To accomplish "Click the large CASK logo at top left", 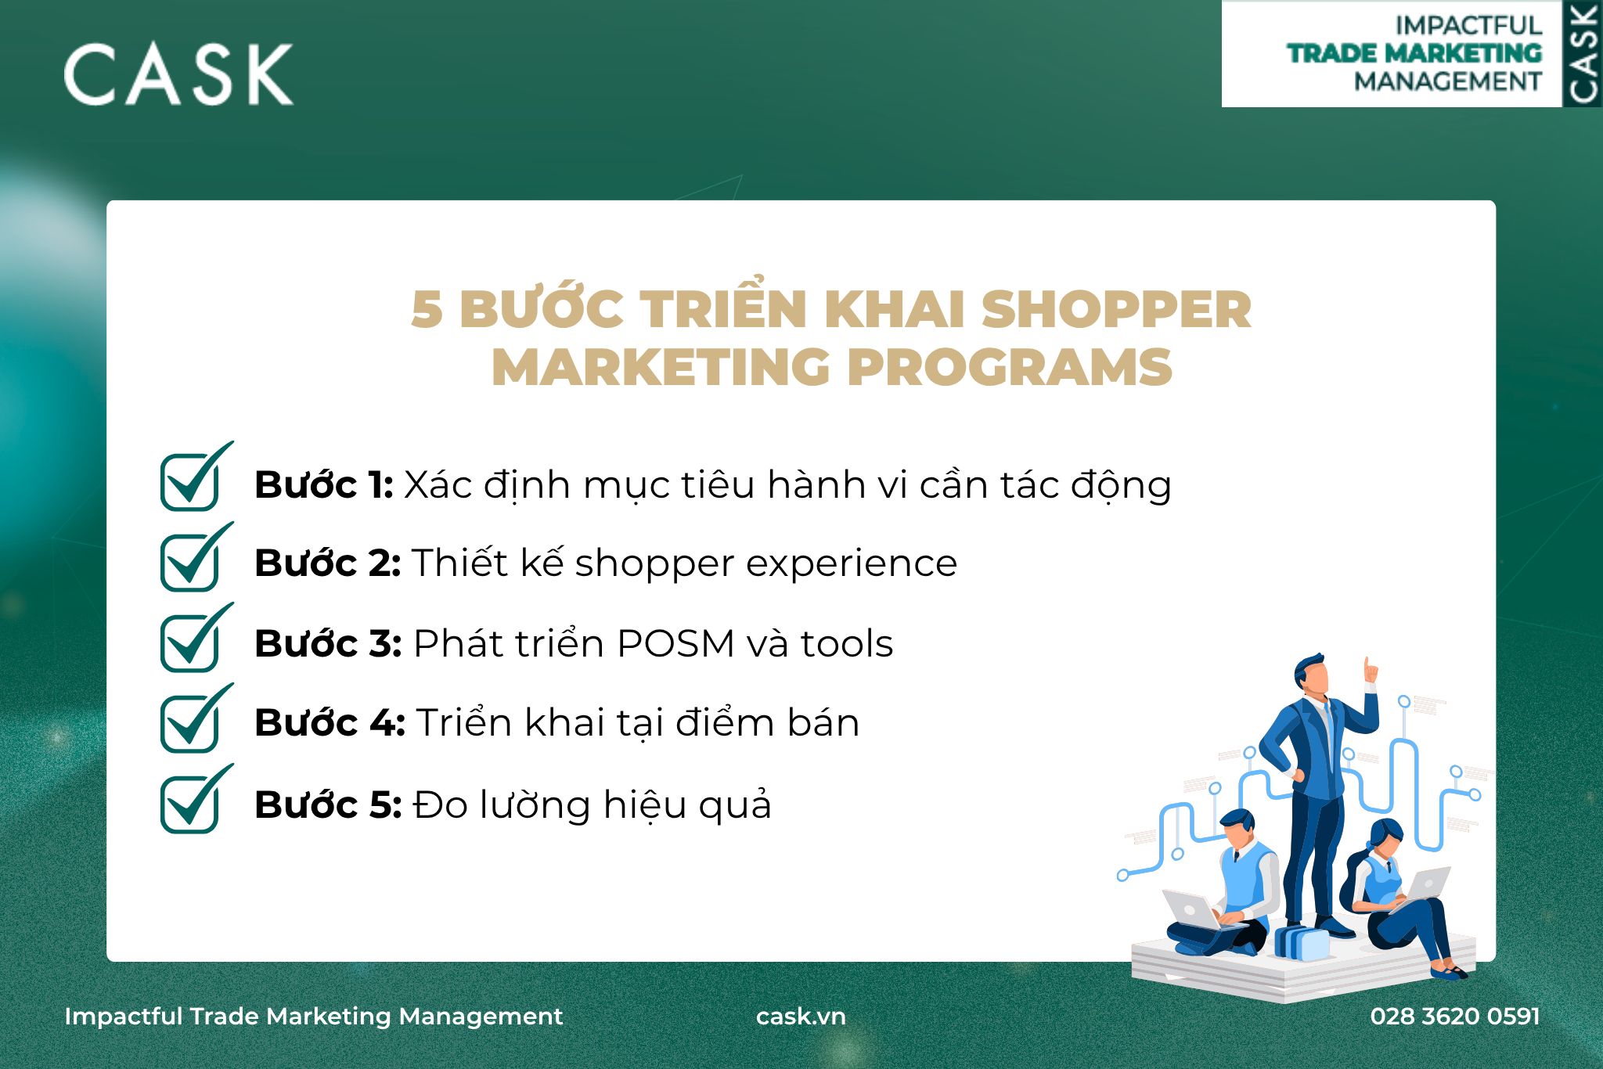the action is click(178, 74).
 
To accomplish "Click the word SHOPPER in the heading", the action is click(1116, 310).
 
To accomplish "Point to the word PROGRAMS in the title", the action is click(1010, 367).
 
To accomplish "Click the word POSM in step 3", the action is click(675, 644).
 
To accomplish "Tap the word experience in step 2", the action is click(852, 564).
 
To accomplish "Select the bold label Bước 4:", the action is click(330, 722).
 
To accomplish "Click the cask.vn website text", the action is click(801, 1016).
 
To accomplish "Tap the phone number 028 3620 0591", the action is click(1455, 1016).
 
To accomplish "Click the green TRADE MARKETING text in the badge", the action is click(1414, 53).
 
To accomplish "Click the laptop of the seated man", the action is click(1191, 910).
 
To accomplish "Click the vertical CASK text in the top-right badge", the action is click(1583, 54).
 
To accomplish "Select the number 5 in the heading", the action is click(427, 310).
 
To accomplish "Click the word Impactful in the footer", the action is click(123, 1017).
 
